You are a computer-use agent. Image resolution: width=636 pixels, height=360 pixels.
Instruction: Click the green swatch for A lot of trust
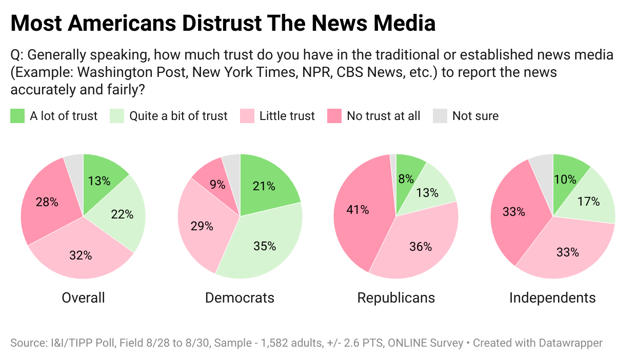17,116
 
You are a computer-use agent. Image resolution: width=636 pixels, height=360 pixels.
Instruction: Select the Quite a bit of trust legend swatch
117,116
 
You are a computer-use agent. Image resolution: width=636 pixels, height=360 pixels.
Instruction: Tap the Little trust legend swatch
247,116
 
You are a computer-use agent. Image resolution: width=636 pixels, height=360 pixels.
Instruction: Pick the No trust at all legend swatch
334,116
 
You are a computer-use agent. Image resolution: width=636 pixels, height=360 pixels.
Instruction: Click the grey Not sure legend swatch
440,116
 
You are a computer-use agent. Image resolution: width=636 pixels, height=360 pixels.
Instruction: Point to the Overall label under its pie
83,298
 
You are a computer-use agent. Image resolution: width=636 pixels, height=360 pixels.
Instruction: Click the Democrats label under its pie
240,298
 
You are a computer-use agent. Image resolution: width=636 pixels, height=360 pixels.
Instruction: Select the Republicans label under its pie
396,298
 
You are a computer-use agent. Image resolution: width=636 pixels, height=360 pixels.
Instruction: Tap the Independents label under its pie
552,298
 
